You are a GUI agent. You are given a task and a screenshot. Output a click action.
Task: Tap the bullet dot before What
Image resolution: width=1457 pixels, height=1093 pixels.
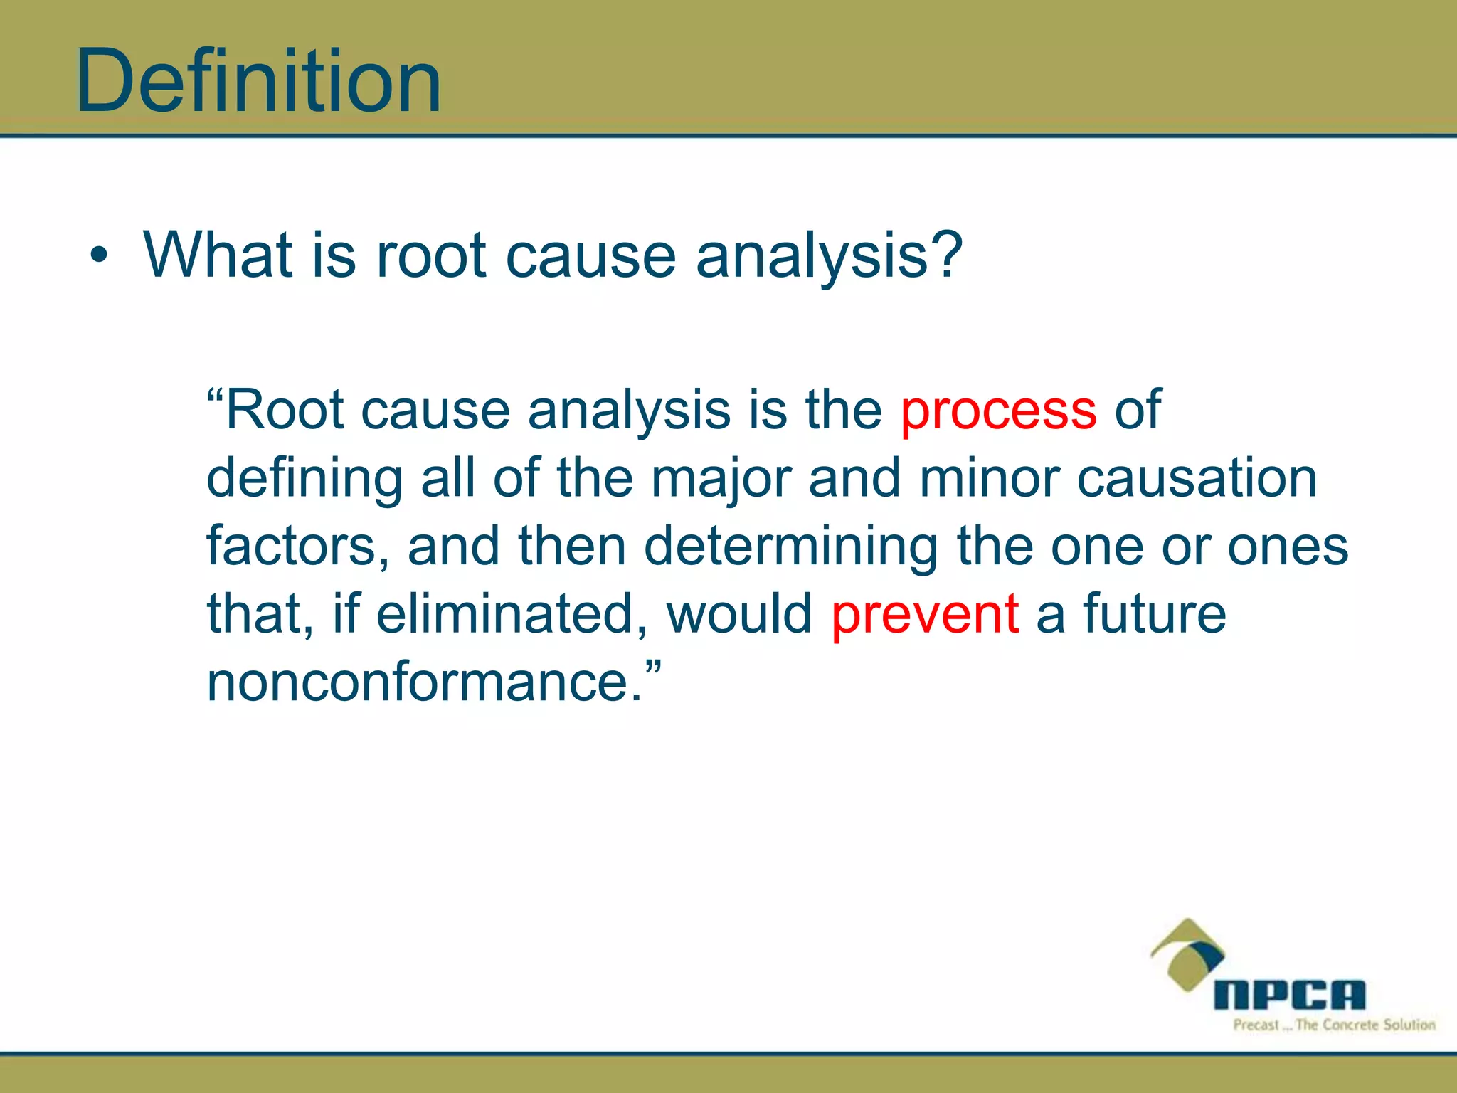click(99, 255)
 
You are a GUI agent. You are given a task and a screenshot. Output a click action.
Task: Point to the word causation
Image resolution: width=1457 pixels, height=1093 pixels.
click(1197, 478)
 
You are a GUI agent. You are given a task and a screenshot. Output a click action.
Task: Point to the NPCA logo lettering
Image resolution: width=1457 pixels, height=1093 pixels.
click(1289, 995)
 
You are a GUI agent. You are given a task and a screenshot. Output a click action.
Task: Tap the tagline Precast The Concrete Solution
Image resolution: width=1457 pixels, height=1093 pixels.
click(1334, 1025)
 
